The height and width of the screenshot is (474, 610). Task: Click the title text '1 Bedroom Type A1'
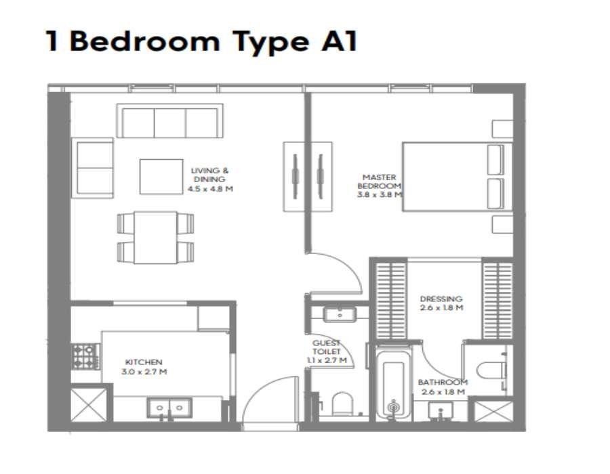point(201,41)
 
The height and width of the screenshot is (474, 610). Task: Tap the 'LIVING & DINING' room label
point(209,175)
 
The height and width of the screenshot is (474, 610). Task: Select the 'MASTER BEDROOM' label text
point(380,182)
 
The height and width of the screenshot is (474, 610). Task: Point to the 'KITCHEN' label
point(144,362)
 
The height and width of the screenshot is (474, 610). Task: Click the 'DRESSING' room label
point(441,299)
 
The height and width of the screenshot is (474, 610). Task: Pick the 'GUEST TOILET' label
point(327,347)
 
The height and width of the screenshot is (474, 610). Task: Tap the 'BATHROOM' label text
point(443,383)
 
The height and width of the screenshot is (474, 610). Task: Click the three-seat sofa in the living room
point(170,121)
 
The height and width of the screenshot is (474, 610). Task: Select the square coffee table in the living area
point(161,176)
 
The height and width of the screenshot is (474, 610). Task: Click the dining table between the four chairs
point(156,238)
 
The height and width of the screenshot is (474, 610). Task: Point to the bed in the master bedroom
point(457,177)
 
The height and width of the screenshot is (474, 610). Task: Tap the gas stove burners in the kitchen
point(84,356)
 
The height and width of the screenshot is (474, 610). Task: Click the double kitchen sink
point(169,408)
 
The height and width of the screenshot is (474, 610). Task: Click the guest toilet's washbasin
point(340,314)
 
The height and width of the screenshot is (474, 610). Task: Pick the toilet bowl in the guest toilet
point(342,404)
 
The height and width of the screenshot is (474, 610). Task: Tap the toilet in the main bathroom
point(492,371)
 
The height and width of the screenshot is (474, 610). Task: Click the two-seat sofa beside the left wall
point(93,168)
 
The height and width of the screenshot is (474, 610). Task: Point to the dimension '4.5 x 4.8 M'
point(211,189)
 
